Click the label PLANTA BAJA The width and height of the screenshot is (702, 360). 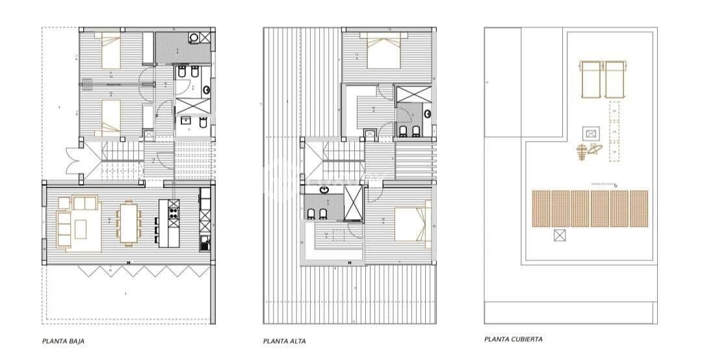coord(63,341)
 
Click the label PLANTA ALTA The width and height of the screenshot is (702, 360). coord(285,341)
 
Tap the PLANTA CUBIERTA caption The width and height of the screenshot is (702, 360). coord(513,339)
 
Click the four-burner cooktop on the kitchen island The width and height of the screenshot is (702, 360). coord(174,209)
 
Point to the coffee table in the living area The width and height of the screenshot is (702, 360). coord(81,229)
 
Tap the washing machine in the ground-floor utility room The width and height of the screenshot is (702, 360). coord(194,38)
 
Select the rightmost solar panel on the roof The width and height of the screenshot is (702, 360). coord(640,209)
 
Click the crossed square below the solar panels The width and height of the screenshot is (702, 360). coord(559,235)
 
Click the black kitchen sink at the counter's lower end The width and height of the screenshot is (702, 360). coord(204,246)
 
